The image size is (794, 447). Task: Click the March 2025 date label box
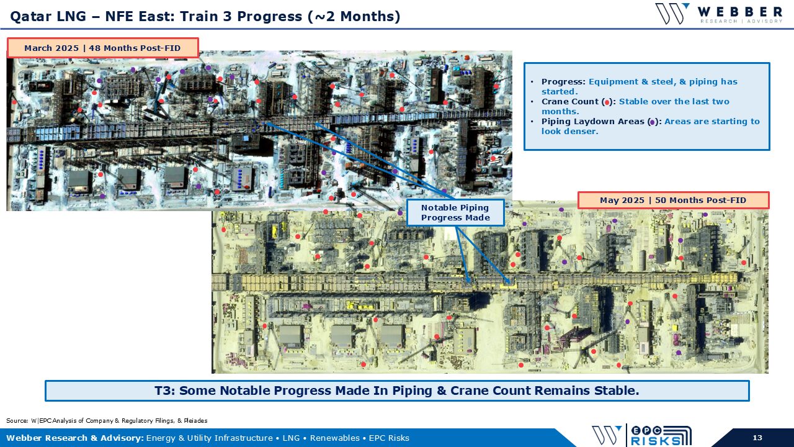(102, 48)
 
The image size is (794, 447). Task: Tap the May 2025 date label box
(673, 200)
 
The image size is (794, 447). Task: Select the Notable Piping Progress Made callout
(455, 212)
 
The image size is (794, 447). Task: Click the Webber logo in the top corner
(719, 14)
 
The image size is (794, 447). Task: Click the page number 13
(757, 438)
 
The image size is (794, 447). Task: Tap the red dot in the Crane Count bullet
(607, 102)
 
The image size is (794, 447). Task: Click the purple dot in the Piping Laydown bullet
(653, 122)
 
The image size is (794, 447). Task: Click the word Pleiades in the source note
(195, 421)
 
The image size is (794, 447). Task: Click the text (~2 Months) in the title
(354, 16)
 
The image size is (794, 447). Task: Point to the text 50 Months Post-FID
(700, 200)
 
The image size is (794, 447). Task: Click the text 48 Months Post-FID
(135, 48)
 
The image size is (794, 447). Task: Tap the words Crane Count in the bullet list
(570, 101)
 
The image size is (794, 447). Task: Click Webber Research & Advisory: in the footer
(75, 438)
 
